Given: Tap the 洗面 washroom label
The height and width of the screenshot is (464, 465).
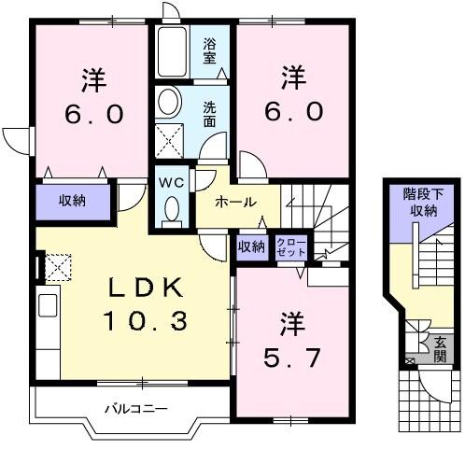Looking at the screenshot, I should pyautogui.click(x=212, y=114).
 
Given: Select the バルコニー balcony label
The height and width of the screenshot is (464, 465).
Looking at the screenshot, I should pyautogui.click(x=134, y=408).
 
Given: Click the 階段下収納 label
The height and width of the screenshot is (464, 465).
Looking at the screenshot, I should pyautogui.click(x=419, y=203).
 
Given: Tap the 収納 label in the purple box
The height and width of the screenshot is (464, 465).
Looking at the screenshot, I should pyautogui.click(x=74, y=201).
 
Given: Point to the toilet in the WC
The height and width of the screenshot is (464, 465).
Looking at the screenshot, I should pyautogui.click(x=170, y=211).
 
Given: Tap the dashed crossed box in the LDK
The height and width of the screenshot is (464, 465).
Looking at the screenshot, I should pyautogui.click(x=58, y=267).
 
